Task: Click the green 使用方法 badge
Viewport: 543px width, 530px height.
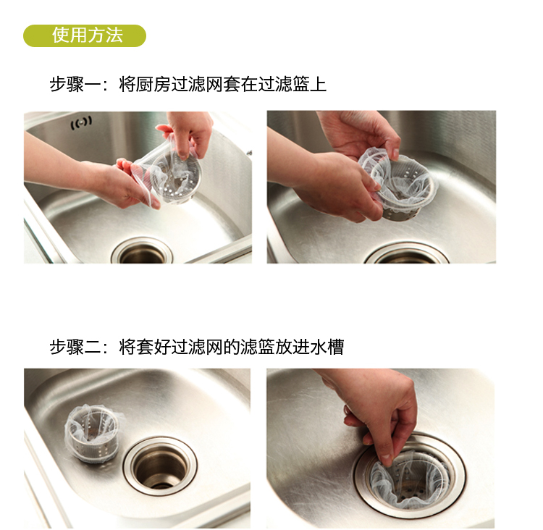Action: tap(85, 35)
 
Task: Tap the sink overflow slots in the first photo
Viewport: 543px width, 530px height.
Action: tap(81, 122)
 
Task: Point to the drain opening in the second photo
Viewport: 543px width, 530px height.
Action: tap(407, 255)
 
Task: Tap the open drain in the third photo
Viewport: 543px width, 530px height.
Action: tap(160, 466)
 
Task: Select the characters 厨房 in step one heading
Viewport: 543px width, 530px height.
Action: tap(153, 84)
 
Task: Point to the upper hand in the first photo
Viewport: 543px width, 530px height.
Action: tap(187, 133)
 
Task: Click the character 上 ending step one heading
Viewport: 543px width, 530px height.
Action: tap(318, 84)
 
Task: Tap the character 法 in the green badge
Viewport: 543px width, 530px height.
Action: tap(114, 35)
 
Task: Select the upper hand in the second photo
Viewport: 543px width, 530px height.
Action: tap(360, 133)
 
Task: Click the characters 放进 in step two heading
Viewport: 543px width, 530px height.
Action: tap(292, 347)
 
